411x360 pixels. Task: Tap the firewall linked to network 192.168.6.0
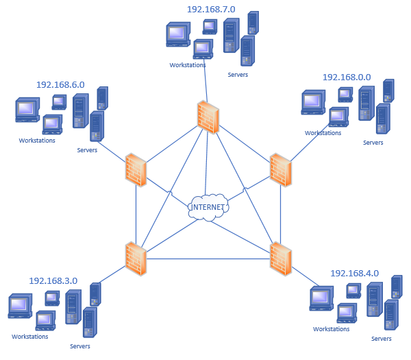tap(136, 169)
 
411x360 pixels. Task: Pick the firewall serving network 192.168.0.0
tap(280, 170)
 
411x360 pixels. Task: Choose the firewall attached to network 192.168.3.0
tap(136, 259)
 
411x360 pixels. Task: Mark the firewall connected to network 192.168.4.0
tap(280, 259)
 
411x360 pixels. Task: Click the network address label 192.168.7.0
tap(211, 10)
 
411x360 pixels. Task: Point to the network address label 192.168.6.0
tap(60, 84)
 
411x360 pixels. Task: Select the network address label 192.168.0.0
tap(347, 77)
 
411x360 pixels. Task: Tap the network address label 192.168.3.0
tap(53, 280)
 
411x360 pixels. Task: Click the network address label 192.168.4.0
tap(354, 273)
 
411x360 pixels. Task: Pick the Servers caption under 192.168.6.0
tap(87, 150)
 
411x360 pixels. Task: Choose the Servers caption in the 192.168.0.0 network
tap(373, 143)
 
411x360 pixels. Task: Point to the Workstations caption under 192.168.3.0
tap(30, 337)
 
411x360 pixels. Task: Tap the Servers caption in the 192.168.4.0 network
tap(382, 339)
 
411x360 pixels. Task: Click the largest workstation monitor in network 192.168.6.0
tap(27, 110)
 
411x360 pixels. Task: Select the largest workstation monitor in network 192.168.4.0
tap(320, 298)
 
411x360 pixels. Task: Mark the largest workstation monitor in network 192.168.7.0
tap(177, 34)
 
